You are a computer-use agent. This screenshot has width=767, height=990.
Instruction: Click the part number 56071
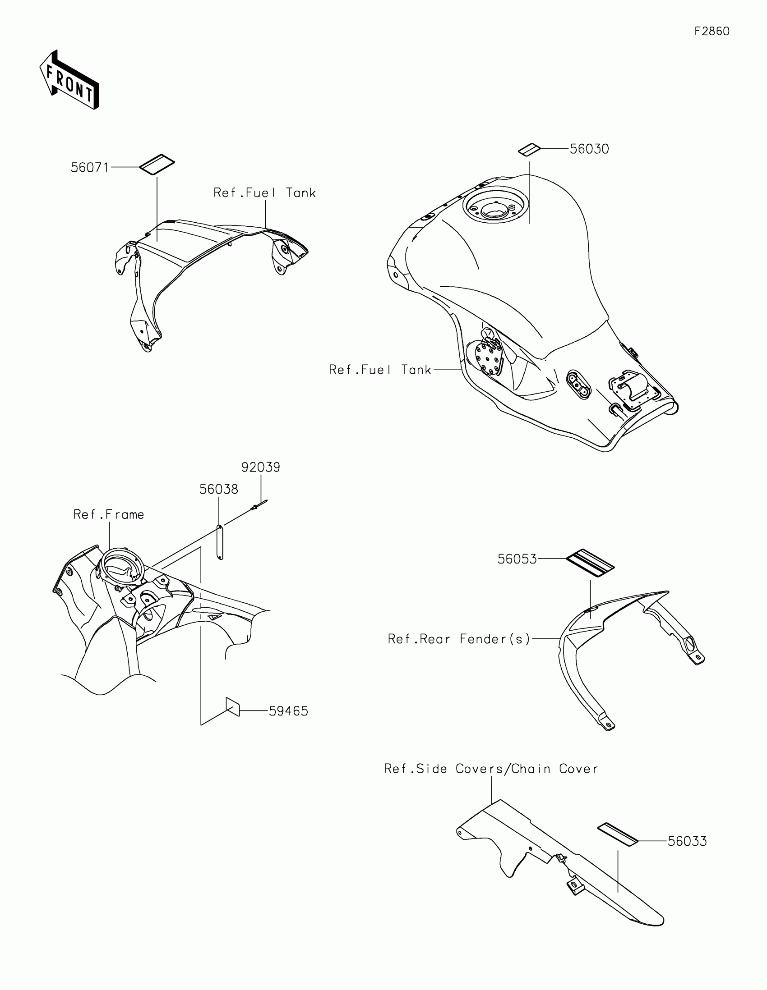(x=90, y=168)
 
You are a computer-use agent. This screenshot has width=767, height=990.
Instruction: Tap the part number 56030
(x=589, y=149)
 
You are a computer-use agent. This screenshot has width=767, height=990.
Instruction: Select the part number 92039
(x=260, y=467)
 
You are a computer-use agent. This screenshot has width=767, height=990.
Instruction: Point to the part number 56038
(x=219, y=490)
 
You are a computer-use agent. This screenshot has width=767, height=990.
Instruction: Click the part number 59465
(x=288, y=711)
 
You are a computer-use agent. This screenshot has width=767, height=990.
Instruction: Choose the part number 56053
(x=517, y=559)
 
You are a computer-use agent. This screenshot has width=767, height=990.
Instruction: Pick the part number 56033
(x=687, y=842)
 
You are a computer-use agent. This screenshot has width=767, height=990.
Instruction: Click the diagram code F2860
(x=712, y=31)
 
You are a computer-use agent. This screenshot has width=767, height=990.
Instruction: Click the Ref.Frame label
(x=109, y=515)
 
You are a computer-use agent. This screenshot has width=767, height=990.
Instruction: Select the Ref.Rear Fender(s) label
(x=459, y=639)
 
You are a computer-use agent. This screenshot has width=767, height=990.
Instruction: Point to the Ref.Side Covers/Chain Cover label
(x=491, y=769)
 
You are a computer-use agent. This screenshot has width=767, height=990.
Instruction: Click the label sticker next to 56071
(x=157, y=165)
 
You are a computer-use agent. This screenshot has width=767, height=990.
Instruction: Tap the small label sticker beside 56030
(x=529, y=150)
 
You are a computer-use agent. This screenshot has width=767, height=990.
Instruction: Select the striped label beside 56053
(x=590, y=563)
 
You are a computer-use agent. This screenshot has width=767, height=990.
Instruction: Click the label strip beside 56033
(x=618, y=834)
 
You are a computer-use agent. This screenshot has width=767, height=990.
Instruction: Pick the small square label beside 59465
(x=233, y=707)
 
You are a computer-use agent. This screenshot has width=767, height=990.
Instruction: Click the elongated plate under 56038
(x=220, y=542)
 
